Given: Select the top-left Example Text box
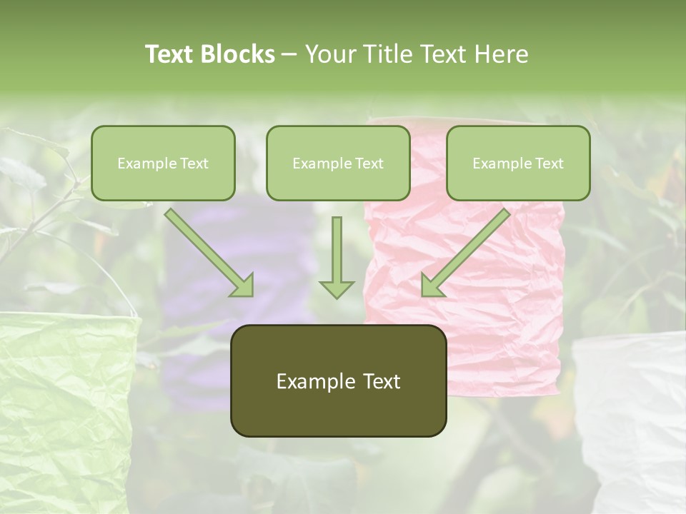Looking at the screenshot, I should pyautogui.click(x=163, y=163).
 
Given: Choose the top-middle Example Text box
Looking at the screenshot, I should pyautogui.click(x=338, y=163).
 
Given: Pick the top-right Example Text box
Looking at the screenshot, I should pyautogui.click(x=518, y=163).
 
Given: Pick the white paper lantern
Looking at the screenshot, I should pyautogui.click(x=632, y=421).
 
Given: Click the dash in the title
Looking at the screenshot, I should pyautogui.click(x=289, y=54).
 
